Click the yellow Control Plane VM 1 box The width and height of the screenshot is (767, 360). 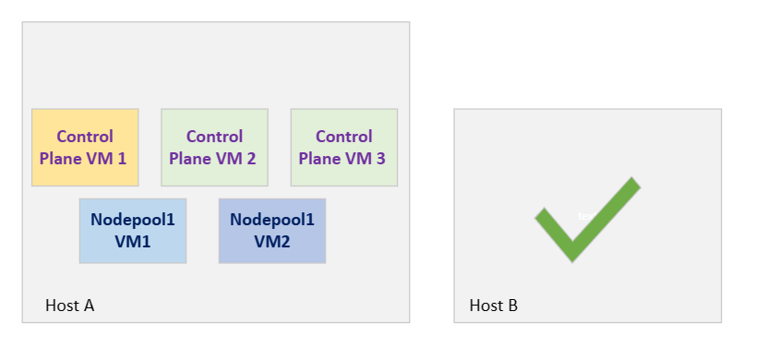(x=85, y=148)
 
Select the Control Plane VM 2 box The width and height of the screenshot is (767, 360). (x=214, y=148)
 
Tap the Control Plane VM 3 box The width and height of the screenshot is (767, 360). (x=343, y=148)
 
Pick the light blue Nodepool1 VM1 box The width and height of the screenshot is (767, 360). (x=133, y=231)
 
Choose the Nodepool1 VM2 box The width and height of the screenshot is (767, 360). (x=271, y=231)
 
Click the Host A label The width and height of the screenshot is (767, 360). (x=70, y=306)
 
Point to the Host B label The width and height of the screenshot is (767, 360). (x=494, y=306)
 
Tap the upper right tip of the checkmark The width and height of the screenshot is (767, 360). (x=632, y=184)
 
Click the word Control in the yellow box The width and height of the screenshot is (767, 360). (x=85, y=137)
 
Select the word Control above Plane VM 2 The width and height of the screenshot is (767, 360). (x=214, y=137)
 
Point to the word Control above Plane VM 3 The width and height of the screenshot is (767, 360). (x=343, y=137)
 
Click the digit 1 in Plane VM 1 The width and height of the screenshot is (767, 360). (x=122, y=158)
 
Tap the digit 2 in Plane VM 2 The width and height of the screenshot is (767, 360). (x=251, y=158)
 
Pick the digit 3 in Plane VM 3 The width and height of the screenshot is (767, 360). (x=380, y=158)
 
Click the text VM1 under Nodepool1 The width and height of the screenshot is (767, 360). (x=133, y=241)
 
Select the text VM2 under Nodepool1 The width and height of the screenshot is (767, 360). (x=271, y=241)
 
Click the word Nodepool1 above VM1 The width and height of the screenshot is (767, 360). (x=133, y=221)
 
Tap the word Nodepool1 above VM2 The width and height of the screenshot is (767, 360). (x=271, y=221)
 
